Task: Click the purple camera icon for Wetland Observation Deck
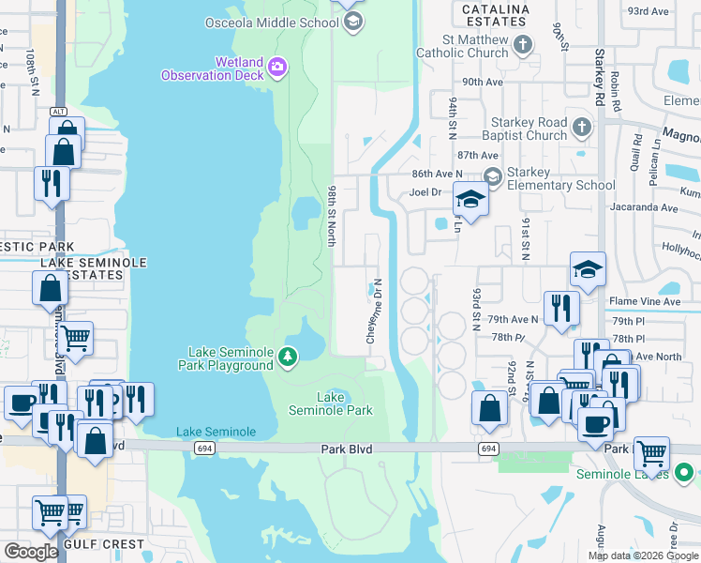(276, 67)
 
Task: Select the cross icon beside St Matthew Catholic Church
(523, 44)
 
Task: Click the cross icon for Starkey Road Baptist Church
(582, 127)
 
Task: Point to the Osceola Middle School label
(273, 22)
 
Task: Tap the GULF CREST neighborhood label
(104, 544)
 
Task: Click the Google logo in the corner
(31, 552)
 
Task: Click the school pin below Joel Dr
(471, 200)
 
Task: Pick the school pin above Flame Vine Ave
(588, 269)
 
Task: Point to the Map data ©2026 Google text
(643, 555)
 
